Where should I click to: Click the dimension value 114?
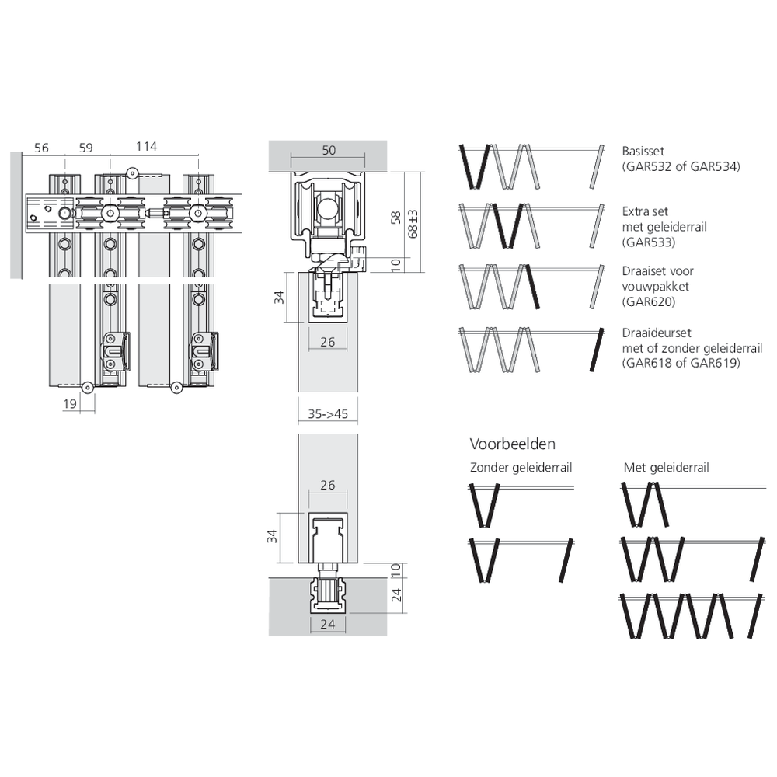coord(146,147)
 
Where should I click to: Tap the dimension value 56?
coord(42,148)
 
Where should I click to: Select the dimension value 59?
coord(85,148)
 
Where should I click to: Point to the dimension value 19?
coord(70,404)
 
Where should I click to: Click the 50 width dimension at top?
coord(329,150)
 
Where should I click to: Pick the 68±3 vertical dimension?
coord(413,224)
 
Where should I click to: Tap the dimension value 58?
coord(395,218)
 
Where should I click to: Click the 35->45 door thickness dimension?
coord(328,414)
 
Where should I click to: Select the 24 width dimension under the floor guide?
coord(328,625)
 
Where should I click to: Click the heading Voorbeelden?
coord(512,444)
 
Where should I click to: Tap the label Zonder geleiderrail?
coord(521,467)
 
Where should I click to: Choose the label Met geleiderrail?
coord(667,467)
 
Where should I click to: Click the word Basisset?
coord(643,152)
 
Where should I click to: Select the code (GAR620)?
coord(649,301)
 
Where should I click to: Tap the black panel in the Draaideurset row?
coord(597,350)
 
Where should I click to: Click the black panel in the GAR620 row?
coord(532,287)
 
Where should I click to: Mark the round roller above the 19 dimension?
coord(87,388)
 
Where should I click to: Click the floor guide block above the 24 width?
coord(328,593)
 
